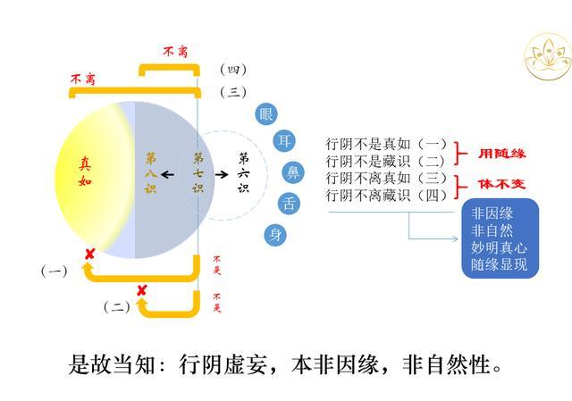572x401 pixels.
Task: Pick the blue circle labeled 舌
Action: click(288, 204)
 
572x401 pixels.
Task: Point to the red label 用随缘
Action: click(500, 153)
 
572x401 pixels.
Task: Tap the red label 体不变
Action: click(500, 185)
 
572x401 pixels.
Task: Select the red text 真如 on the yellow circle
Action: click(85, 172)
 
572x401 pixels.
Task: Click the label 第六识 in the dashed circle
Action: click(243, 173)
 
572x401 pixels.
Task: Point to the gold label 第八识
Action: click(151, 172)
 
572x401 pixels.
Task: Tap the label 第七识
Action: click(198, 173)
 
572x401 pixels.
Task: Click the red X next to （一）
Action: click(89, 255)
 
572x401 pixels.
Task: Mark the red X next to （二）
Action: click(141, 290)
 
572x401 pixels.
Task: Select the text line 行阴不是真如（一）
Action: click(385, 143)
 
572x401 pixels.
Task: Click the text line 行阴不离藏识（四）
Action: click(385, 195)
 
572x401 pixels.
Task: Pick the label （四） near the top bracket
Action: click(233, 70)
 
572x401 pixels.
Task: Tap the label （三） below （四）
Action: click(233, 92)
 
